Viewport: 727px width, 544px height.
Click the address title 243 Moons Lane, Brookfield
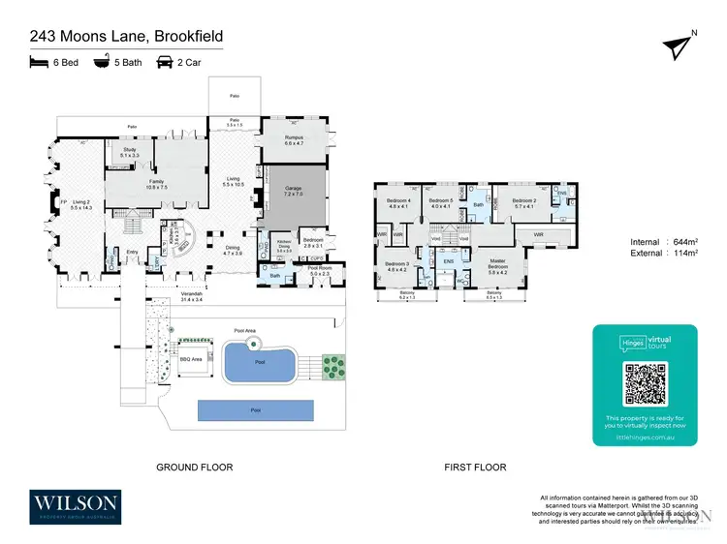126,37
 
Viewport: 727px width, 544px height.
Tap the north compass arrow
677,46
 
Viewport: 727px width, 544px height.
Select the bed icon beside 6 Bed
40,63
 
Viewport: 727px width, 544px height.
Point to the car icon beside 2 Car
164,63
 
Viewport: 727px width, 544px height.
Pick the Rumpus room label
295,138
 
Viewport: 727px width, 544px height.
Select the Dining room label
233,248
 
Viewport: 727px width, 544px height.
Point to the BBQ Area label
191,358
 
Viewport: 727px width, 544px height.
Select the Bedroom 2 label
524,201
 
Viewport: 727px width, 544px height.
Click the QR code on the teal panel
645,384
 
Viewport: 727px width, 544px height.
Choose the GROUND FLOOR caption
194,468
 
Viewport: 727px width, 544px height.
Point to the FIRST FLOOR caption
475,468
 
